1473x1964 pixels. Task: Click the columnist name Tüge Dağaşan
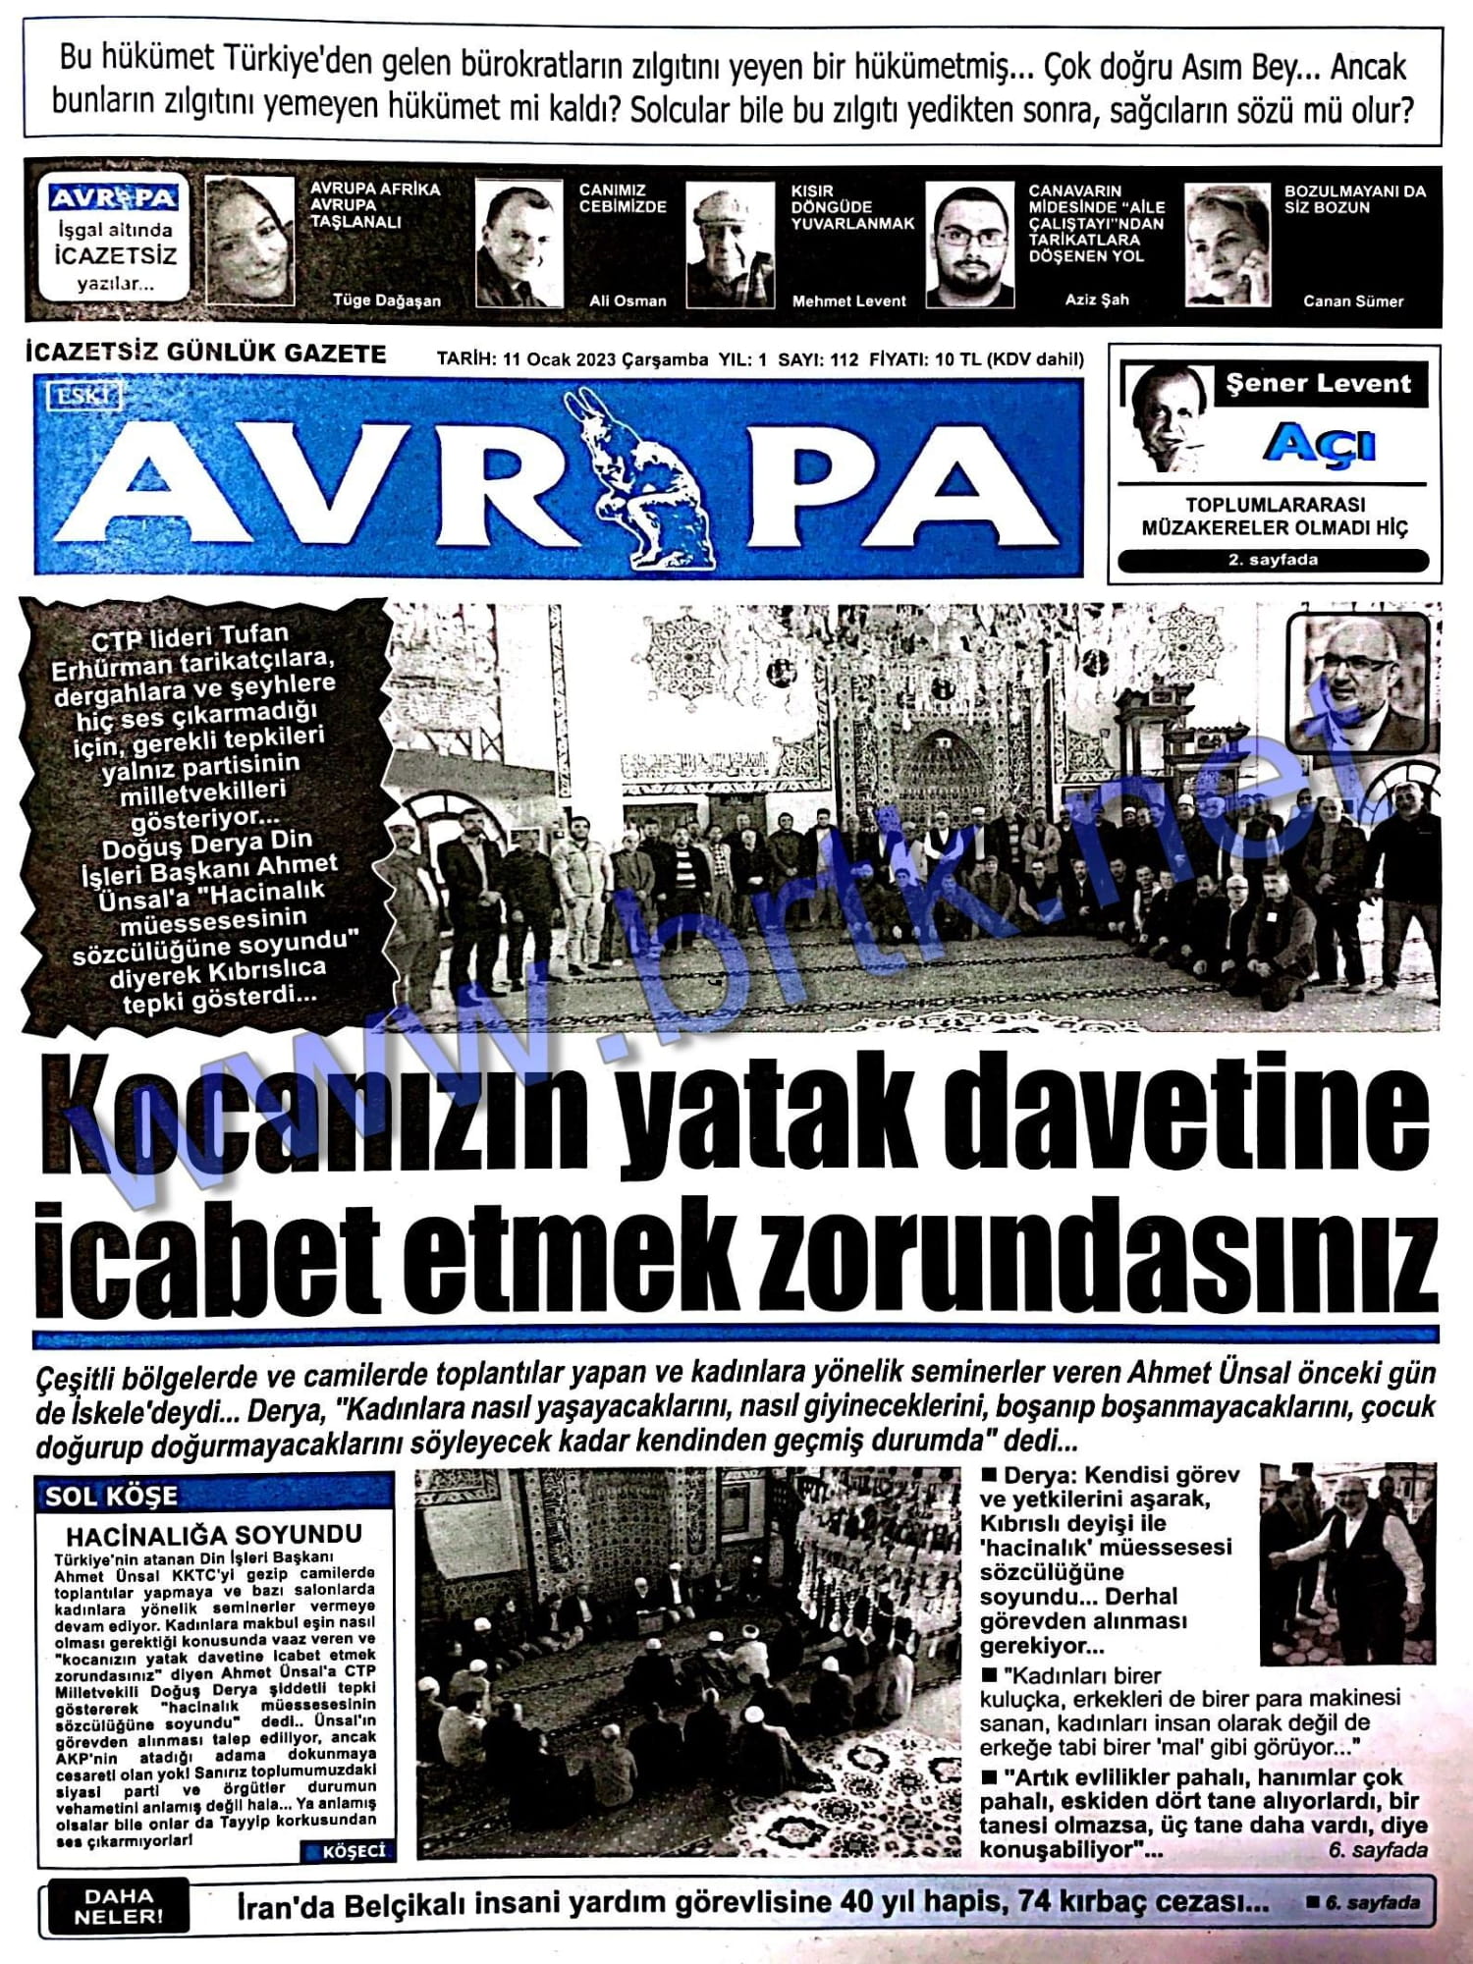386,300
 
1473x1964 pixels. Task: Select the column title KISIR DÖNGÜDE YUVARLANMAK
851,206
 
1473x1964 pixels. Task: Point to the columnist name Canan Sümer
1352,301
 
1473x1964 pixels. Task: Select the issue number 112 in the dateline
844,359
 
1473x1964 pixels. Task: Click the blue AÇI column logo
1319,444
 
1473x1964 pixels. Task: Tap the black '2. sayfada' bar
1273,561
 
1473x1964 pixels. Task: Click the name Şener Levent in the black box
1318,384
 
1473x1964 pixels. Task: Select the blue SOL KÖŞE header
112,1497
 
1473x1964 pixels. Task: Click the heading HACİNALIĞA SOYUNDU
214,1534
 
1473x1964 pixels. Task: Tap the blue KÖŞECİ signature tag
351,1851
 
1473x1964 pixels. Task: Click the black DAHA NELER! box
119,1906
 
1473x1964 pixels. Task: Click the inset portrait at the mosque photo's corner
1358,683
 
